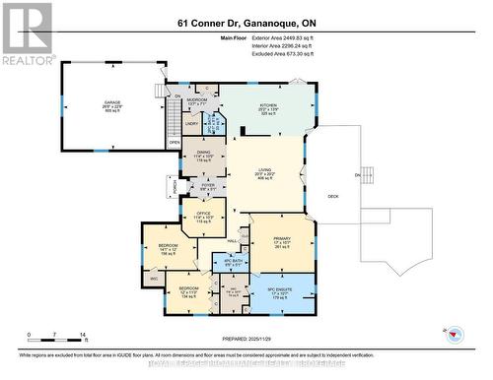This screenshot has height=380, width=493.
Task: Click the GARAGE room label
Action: [114, 103]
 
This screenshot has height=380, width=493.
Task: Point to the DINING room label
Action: [203, 154]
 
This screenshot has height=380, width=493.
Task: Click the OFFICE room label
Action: [203, 215]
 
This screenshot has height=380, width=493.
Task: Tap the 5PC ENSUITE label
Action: [282, 290]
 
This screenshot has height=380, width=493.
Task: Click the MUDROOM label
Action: [196, 99]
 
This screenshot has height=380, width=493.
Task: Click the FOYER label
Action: [208, 184]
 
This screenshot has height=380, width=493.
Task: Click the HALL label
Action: [233, 240]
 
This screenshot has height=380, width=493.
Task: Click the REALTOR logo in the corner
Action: [27, 33]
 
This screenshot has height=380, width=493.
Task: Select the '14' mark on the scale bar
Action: [84, 336]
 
